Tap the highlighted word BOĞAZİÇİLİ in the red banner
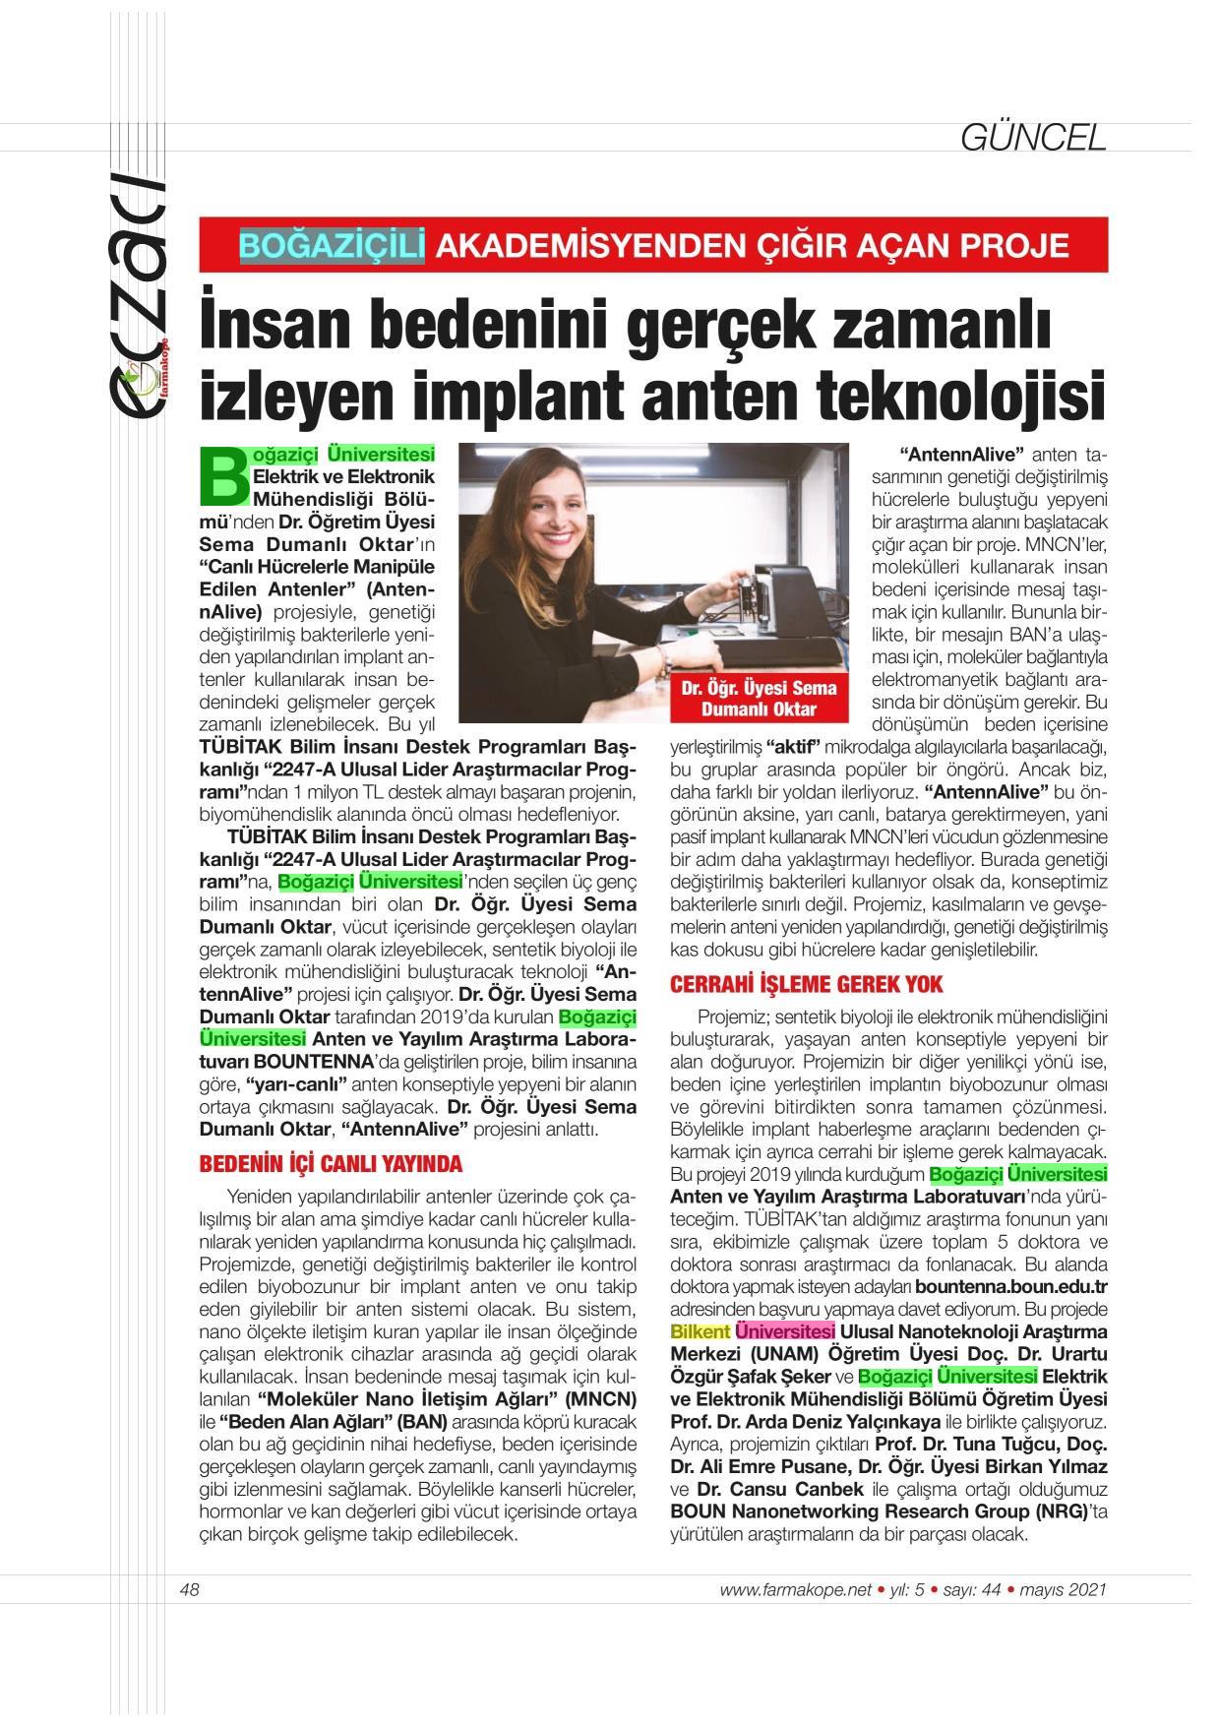[332, 244]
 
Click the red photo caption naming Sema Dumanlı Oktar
[759, 699]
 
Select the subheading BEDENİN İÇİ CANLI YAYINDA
[331, 1164]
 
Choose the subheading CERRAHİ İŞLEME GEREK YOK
[807, 983]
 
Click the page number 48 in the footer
[190, 1589]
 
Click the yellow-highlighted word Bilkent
[701, 1331]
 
